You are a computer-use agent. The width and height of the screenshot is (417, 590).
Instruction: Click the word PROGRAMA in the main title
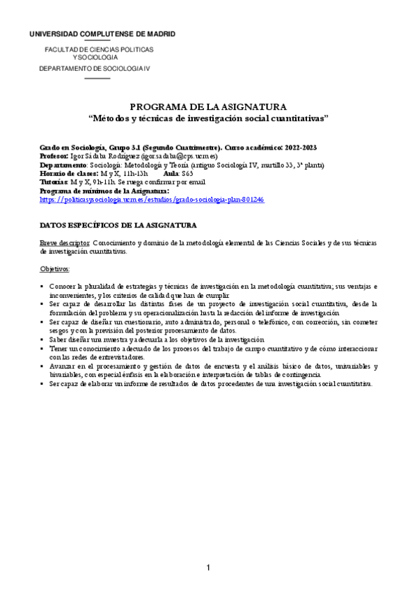tap(159, 106)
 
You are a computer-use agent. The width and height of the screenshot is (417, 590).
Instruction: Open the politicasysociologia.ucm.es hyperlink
tap(151, 199)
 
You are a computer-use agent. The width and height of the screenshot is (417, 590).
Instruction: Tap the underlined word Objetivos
tap(55, 269)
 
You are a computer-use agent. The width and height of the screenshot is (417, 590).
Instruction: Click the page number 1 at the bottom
tap(208, 570)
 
